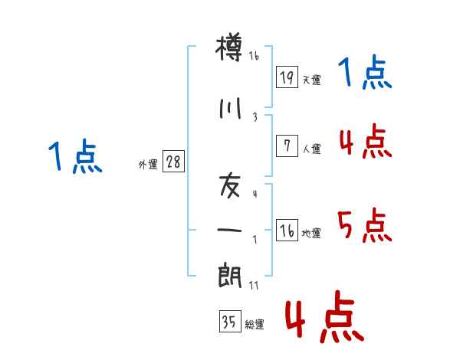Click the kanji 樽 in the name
pos(229,47)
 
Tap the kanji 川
pos(230,109)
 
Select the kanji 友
pos(230,186)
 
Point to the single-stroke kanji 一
pos(229,230)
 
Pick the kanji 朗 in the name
pos(230,275)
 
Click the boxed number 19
pos(287,77)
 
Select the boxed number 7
pos(287,146)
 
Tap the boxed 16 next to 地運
pos(287,230)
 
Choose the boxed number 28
pos(173,162)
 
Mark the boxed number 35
pos(230,321)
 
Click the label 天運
pos(311,80)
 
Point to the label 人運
pos(311,149)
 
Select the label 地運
pos(311,233)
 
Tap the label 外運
pos(148,165)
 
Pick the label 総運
pos(255,324)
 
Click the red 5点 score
pos(365,225)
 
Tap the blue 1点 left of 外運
pos(75,156)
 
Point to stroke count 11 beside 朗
pos(254,285)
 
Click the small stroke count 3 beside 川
pos(255,117)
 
